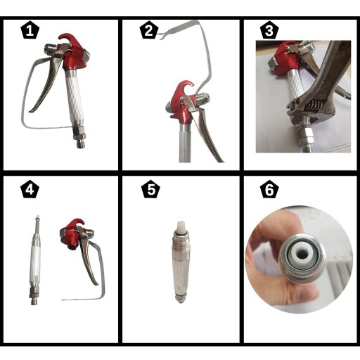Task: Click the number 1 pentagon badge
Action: click(30, 31)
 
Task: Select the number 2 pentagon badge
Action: click(149, 31)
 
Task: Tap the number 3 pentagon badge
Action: click(269, 31)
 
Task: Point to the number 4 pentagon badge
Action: click(30, 189)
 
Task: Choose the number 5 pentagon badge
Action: click(151, 189)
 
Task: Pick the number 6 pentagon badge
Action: click(269, 189)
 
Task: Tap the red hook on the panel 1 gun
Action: click(67, 39)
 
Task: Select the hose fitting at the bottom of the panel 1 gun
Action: click(79, 138)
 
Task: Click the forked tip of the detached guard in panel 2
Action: click(161, 37)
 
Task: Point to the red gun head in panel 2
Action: click(182, 101)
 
